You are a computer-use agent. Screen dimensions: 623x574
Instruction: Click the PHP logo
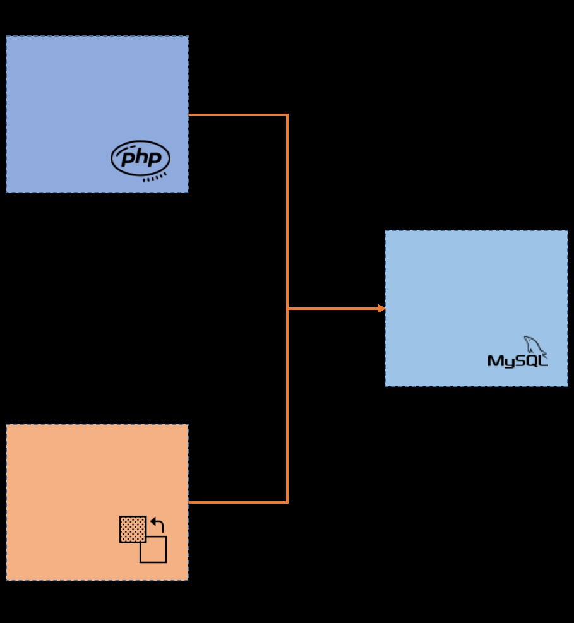click(x=140, y=158)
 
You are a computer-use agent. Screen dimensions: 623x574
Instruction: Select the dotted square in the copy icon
click(x=133, y=529)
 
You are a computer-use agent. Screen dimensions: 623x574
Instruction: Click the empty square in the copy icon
click(x=156, y=552)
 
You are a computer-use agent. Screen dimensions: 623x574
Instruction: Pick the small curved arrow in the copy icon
click(x=158, y=524)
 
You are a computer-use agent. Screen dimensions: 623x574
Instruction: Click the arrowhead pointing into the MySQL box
click(x=381, y=309)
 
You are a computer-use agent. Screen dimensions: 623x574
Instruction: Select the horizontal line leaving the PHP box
click(x=237, y=115)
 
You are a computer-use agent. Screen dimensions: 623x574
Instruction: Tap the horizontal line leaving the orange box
click(x=237, y=502)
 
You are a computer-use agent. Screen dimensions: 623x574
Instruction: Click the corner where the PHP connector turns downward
click(x=287, y=115)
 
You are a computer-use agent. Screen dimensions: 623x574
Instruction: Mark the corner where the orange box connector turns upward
click(x=287, y=502)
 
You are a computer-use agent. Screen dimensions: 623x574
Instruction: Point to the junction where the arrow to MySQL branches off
click(x=287, y=309)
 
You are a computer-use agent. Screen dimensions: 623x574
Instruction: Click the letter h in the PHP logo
click(x=140, y=157)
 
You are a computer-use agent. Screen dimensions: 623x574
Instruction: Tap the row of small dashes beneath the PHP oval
click(x=155, y=177)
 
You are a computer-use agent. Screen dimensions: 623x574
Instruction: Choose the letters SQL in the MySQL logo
click(x=531, y=361)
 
